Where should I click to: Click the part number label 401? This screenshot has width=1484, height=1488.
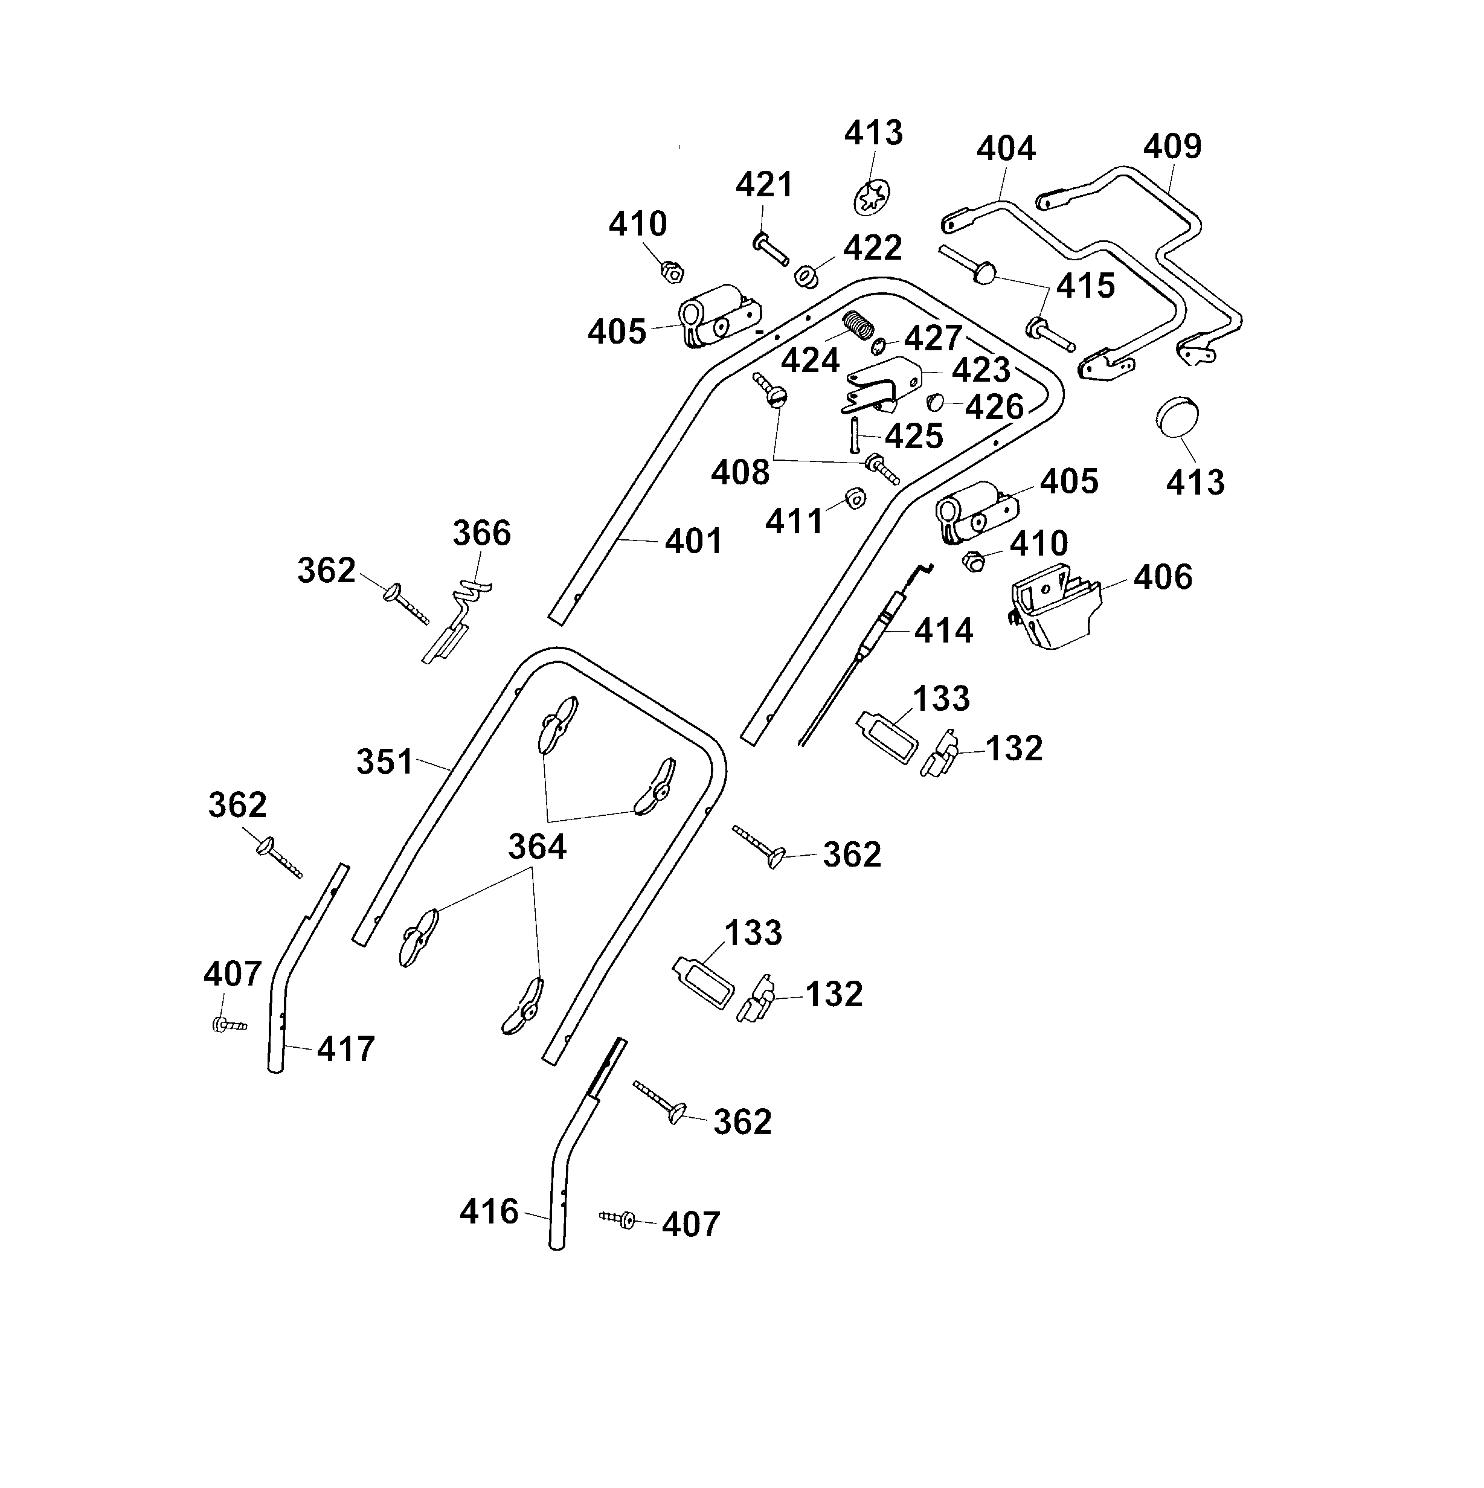tap(693, 542)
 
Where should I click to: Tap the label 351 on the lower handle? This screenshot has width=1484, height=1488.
tap(384, 763)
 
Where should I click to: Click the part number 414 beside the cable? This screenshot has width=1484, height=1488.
tap(943, 632)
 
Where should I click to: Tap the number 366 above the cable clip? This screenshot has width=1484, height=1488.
tap(481, 533)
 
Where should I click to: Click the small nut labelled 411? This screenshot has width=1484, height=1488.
tap(853, 499)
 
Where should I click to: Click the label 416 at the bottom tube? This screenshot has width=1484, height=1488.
tap(489, 1211)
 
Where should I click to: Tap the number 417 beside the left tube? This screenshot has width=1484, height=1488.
tap(345, 1049)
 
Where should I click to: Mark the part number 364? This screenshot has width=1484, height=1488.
tap(537, 847)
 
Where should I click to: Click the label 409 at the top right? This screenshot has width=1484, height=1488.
tap(1171, 146)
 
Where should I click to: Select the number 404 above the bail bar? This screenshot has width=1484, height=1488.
tap(1006, 149)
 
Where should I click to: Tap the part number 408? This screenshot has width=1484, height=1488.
tap(739, 473)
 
